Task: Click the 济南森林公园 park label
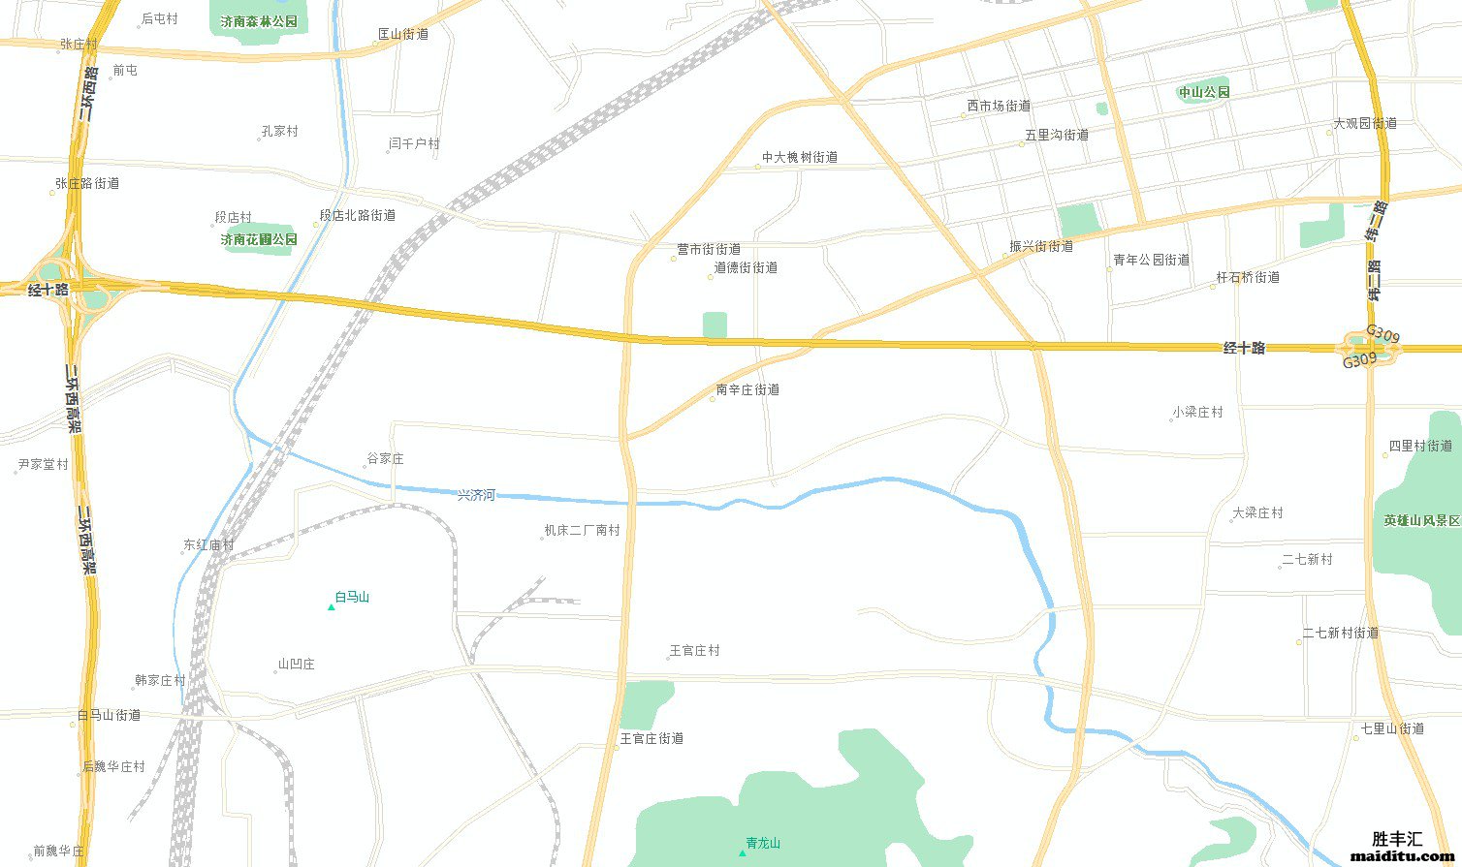(x=259, y=21)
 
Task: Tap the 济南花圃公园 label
(x=259, y=239)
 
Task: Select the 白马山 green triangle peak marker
(x=332, y=607)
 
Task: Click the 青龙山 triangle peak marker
(x=743, y=852)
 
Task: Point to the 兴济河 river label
(x=476, y=495)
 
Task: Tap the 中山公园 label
(x=1204, y=93)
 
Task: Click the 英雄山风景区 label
(x=1422, y=520)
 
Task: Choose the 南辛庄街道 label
(x=747, y=390)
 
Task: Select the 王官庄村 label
(x=695, y=651)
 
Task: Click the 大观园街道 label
(x=1365, y=124)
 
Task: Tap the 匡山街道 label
(x=402, y=35)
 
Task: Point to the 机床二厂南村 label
(x=582, y=531)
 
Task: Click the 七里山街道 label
(x=1392, y=728)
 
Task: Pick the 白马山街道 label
(x=109, y=716)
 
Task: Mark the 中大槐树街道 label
(x=800, y=157)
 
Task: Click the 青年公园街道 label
(x=1151, y=261)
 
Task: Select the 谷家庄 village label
(x=385, y=459)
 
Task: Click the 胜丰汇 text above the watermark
(x=1396, y=839)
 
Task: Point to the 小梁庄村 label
(x=1197, y=413)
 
